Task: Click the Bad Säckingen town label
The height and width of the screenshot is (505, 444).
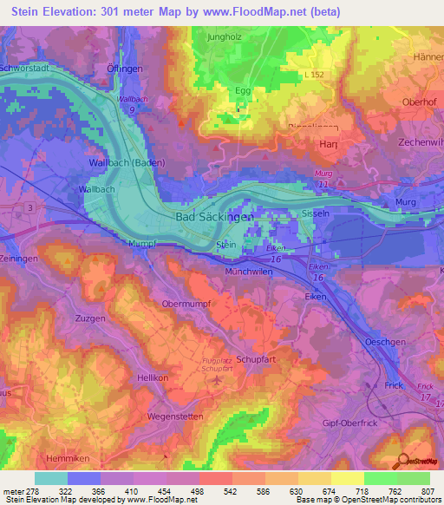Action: coord(214,217)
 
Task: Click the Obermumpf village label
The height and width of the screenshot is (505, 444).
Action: coord(186,304)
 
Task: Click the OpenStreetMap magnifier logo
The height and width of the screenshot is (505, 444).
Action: coord(404,461)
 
